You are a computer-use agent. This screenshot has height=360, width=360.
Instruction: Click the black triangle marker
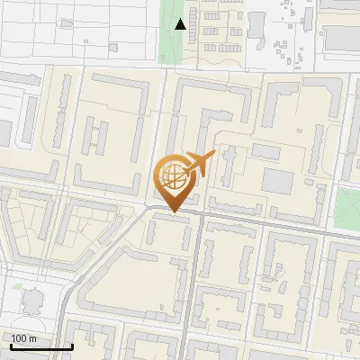point(181,24)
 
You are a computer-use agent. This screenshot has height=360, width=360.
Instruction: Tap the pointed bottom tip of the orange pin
point(173,212)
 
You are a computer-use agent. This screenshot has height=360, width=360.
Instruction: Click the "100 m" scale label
point(24,338)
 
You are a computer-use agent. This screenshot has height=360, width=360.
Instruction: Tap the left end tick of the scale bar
point(11,346)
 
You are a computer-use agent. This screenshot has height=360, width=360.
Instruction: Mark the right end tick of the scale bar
point(72,346)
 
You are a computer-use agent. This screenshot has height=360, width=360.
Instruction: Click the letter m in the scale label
point(32,338)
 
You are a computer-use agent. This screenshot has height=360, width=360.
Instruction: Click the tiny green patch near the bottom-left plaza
point(17,286)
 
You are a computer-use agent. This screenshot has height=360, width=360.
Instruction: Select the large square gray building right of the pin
point(277,180)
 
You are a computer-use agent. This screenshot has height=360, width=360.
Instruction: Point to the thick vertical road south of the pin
point(187,288)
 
